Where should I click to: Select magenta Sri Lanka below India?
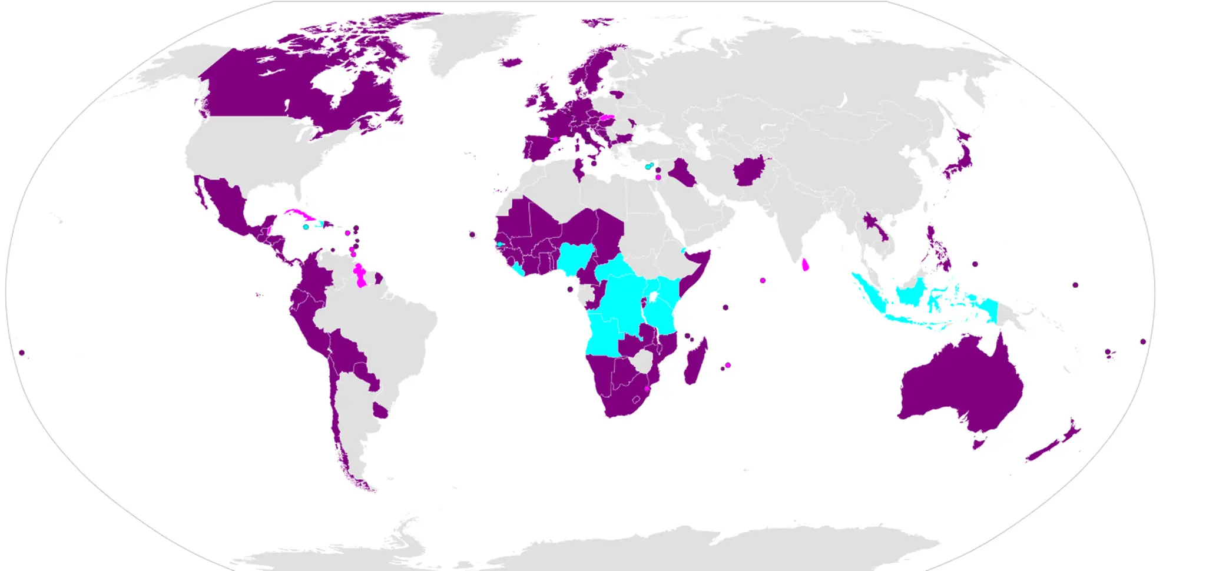pos(805,265)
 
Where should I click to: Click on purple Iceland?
pos(511,62)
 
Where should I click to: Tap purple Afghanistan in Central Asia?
pos(749,171)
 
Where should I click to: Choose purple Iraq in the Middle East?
pos(683,171)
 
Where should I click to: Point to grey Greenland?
pos(471,41)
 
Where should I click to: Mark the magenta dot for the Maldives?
pos(763,280)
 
